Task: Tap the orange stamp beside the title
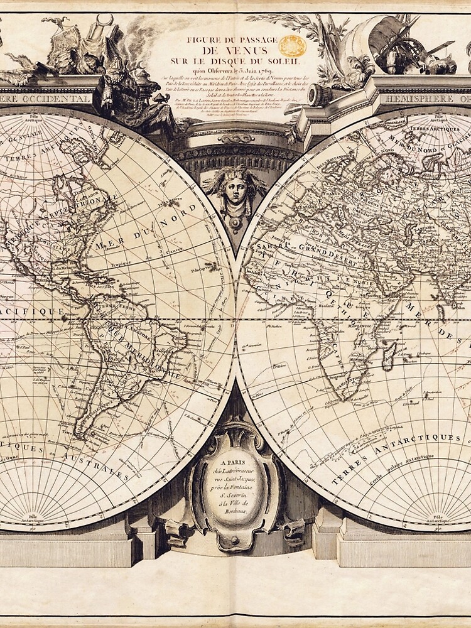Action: click(293, 45)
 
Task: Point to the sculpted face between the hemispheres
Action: click(234, 191)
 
